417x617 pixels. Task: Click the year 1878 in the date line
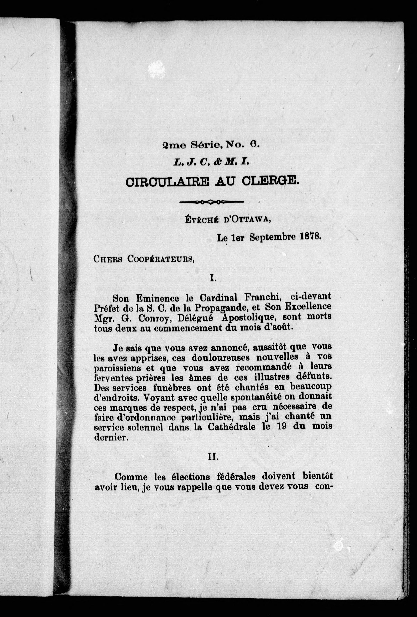click(309, 237)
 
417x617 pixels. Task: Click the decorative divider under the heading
click(211, 202)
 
